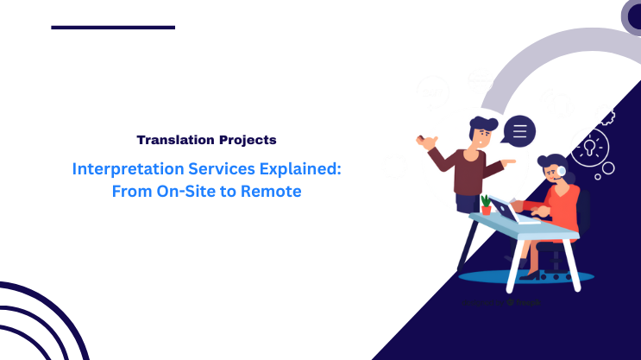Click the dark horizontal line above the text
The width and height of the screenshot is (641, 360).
pyautogui.click(x=113, y=28)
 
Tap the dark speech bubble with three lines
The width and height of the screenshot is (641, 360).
pyautogui.click(x=519, y=131)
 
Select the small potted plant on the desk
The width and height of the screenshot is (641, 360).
pyautogui.click(x=486, y=205)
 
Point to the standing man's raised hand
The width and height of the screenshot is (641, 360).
pyautogui.click(x=423, y=139)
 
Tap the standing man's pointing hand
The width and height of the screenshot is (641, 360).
pyautogui.click(x=509, y=161)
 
